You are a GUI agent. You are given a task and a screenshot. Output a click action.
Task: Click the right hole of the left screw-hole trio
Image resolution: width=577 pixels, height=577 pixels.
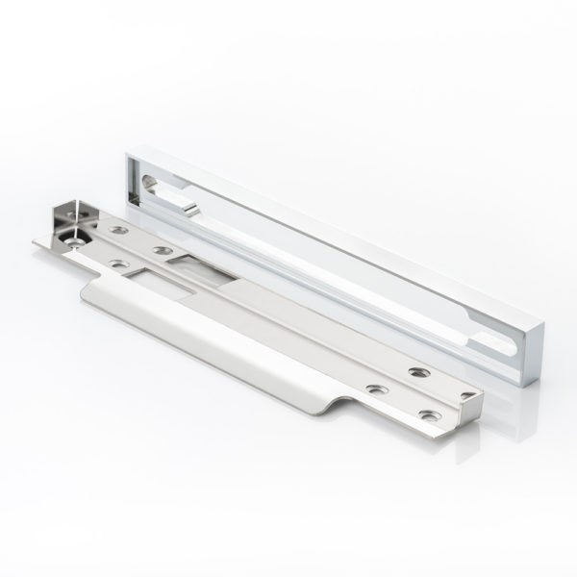click(x=160, y=251)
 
